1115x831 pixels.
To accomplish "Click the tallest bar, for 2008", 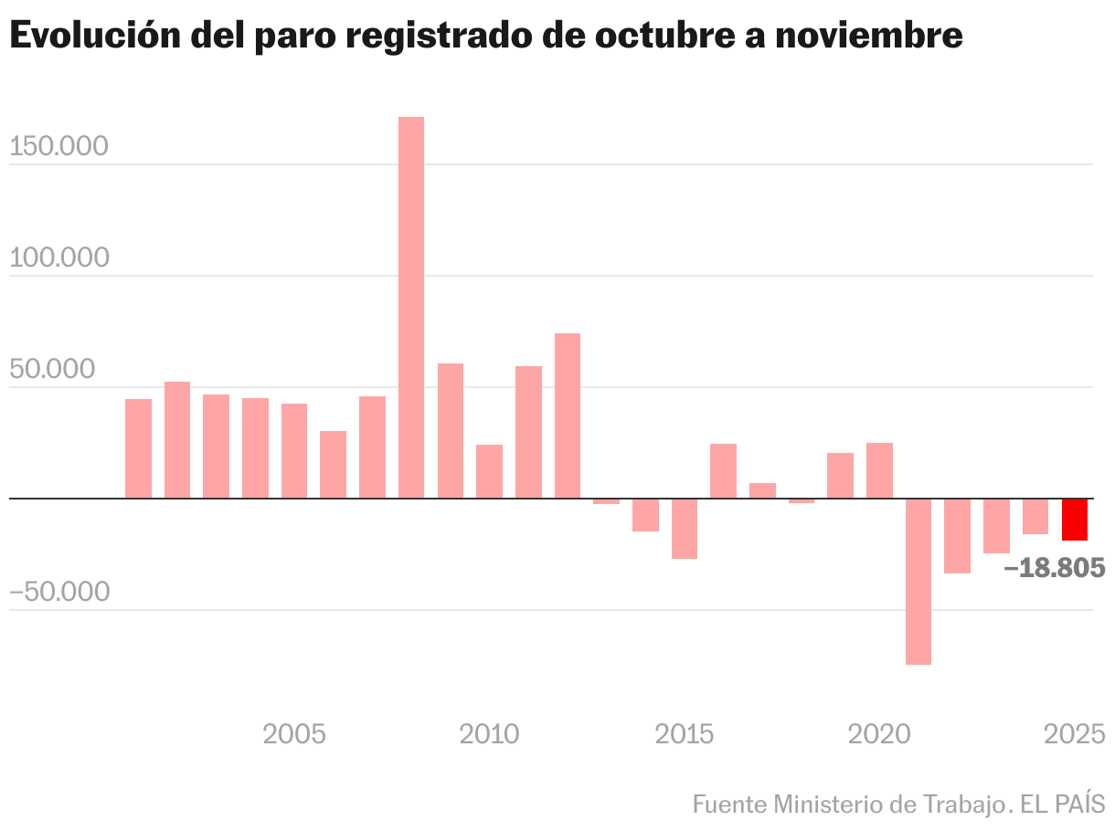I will pyautogui.click(x=411, y=307).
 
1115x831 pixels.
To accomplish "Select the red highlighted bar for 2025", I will pyautogui.click(x=1075, y=519).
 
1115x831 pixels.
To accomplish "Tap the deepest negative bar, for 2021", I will pyautogui.click(x=919, y=581).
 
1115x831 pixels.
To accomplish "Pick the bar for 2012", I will pyautogui.click(x=568, y=415).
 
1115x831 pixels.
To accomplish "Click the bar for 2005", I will pyautogui.click(x=294, y=450).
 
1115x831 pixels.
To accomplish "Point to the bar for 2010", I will pyautogui.click(x=489, y=471).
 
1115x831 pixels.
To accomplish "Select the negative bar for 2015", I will pyautogui.click(x=685, y=528).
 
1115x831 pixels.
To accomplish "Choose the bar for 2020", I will pyautogui.click(x=879, y=470).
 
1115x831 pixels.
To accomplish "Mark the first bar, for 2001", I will pyautogui.click(x=138, y=448).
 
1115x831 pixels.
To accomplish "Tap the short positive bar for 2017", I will pyautogui.click(x=762, y=490).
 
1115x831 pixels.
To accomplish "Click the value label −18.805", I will pyautogui.click(x=1054, y=568).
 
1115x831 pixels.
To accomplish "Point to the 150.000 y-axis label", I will pyautogui.click(x=58, y=146).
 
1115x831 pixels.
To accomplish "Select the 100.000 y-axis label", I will pyautogui.click(x=58, y=258).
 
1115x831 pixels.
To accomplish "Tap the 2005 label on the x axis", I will pyautogui.click(x=294, y=733).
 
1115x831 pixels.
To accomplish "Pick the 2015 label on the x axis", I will pyautogui.click(x=685, y=733).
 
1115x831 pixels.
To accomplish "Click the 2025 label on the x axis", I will pyautogui.click(x=1075, y=733).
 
